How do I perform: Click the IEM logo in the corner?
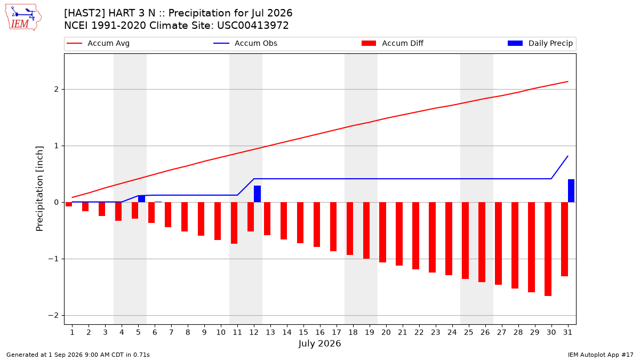click(23, 18)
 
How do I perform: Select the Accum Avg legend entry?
click(98, 43)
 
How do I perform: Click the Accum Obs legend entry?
click(245, 43)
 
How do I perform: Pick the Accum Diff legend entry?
click(393, 43)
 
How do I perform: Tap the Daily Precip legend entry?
click(540, 43)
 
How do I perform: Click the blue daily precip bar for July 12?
click(257, 194)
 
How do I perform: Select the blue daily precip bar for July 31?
click(571, 191)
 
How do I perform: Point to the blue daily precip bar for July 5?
click(141, 199)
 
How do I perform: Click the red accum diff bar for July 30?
click(548, 249)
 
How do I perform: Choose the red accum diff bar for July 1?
click(69, 204)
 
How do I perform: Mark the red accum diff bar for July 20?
click(382, 233)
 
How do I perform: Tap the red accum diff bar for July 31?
click(564, 239)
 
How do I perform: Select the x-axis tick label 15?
click(303, 332)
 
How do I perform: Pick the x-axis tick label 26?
click(485, 332)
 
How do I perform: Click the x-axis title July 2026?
click(319, 343)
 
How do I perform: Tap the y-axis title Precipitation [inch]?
click(39, 189)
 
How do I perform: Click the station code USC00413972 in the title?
click(253, 26)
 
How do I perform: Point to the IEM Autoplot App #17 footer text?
click(601, 355)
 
